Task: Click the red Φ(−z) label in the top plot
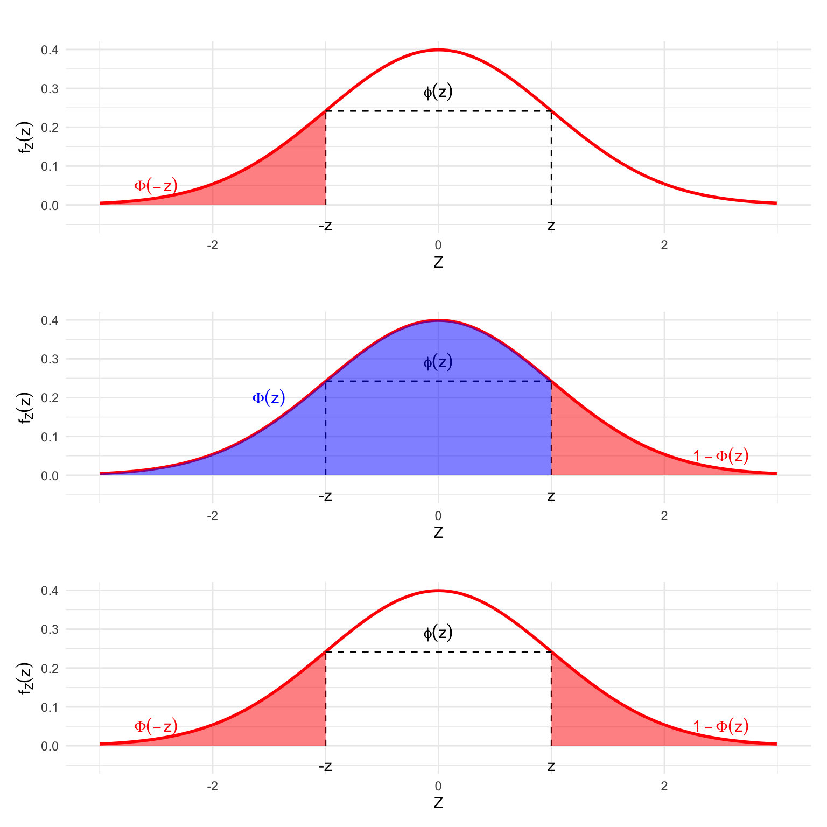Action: click(156, 186)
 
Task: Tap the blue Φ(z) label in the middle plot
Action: click(269, 398)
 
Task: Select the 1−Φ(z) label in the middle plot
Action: click(720, 456)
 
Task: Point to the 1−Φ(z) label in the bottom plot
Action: click(720, 726)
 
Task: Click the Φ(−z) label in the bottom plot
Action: click(156, 726)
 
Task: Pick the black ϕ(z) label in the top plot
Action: click(438, 92)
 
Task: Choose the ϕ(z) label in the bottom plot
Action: click(438, 633)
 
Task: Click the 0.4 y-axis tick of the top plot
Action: click(50, 50)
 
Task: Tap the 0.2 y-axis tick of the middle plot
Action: click(50, 398)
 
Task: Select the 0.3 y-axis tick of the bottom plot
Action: click(50, 629)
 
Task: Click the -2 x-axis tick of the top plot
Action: click(213, 246)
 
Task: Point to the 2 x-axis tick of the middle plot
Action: click(664, 516)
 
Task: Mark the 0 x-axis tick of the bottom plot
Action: click(438, 787)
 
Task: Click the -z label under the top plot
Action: click(325, 226)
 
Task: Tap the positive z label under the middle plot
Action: click(551, 496)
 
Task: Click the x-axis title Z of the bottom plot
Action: click(438, 803)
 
